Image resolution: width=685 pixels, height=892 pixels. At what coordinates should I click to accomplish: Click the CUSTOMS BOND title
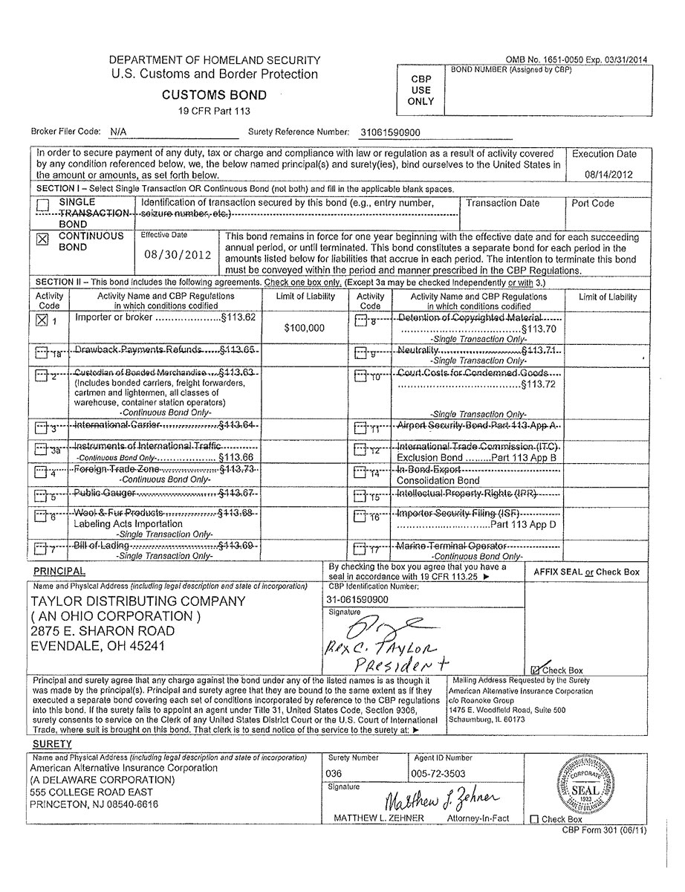(x=215, y=95)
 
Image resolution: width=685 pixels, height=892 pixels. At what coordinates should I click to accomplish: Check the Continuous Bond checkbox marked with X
(x=42, y=240)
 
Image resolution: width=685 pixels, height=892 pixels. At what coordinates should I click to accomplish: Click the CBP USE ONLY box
(x=421, y=90)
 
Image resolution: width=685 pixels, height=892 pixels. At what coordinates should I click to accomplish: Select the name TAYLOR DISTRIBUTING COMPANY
(x=137, y=601)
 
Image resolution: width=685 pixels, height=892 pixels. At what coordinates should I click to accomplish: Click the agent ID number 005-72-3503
(x=441, y=774)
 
